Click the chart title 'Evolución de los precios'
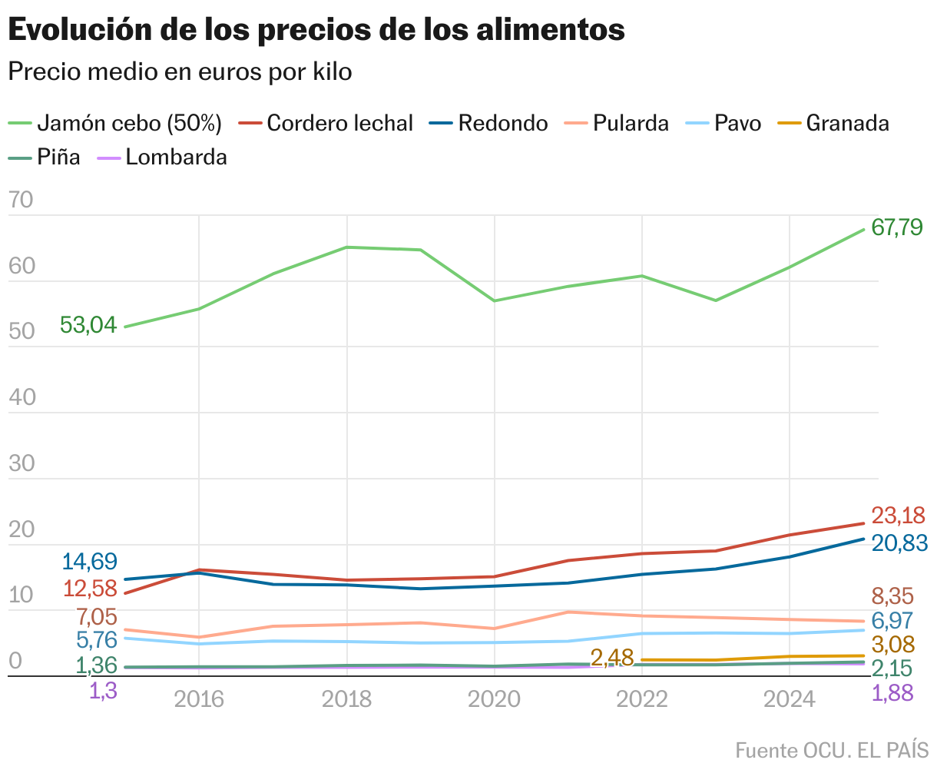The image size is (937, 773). point(316,30)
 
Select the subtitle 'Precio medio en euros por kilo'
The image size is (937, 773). point(180,71)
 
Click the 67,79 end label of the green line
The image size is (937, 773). point(897,228)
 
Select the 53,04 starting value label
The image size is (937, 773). point(88,325)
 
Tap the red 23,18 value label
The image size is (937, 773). point(898,516)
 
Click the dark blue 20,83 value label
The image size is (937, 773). point(899,542)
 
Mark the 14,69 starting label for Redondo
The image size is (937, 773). point(89,562)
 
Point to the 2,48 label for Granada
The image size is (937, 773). point(612,658)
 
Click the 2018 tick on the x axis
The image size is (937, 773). point(346,699)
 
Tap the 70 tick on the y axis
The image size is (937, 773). point(22,201)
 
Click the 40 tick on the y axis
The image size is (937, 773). point(22,397)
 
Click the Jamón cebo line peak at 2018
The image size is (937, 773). point(346,247)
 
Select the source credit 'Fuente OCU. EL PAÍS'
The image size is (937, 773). point(832,750)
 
